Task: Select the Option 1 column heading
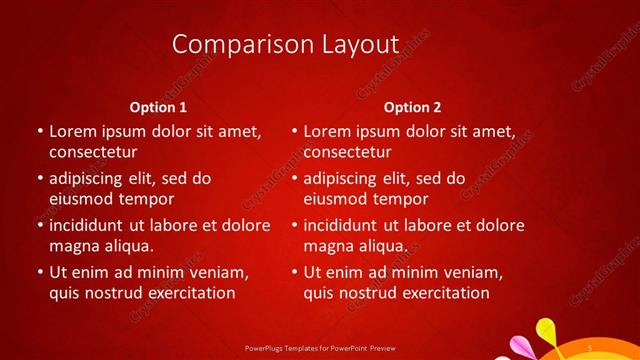pos(159,107)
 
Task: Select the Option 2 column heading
pos(412,107)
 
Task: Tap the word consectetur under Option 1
pos(93,153)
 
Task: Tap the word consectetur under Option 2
pos(347,153)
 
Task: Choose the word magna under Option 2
pos(328,246)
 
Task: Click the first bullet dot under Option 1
pos(38,131)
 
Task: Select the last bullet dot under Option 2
pos(293,272)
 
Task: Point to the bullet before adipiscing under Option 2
pos(293,179)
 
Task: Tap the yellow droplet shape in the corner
pos(546,329)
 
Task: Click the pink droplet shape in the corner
pos(520,346)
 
